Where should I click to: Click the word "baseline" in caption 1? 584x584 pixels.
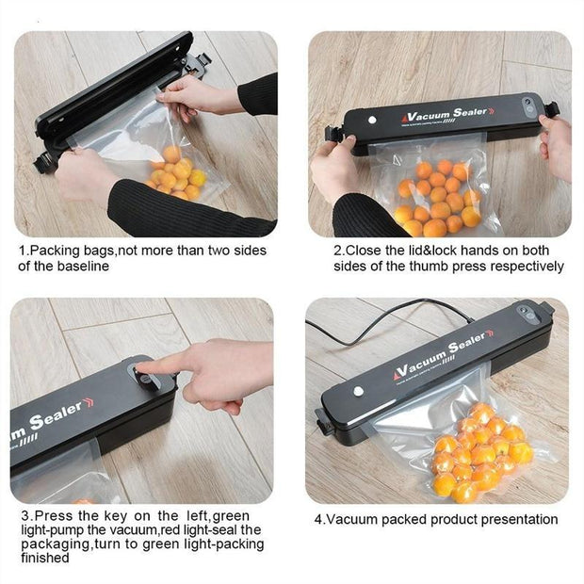tap(83, 267)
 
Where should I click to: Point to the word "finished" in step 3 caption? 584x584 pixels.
tap(45, 558)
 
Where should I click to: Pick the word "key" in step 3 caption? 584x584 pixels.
tap(116, 516)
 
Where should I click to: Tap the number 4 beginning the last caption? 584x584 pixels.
tap(318, 519)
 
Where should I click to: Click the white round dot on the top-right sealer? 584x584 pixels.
tap(372, 120)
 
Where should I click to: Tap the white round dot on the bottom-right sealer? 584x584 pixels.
tap(358, 391)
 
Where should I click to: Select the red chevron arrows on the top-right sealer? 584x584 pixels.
tap(492, 110)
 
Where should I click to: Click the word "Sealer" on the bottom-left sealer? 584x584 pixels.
tap(57, 414)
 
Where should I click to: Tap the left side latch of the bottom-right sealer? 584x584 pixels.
tap(322, 421)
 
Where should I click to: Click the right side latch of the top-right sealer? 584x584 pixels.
tap(552, 110)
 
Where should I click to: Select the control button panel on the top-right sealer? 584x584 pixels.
tap(528, 105)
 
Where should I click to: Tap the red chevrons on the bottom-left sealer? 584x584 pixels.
tap(89, 402)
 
